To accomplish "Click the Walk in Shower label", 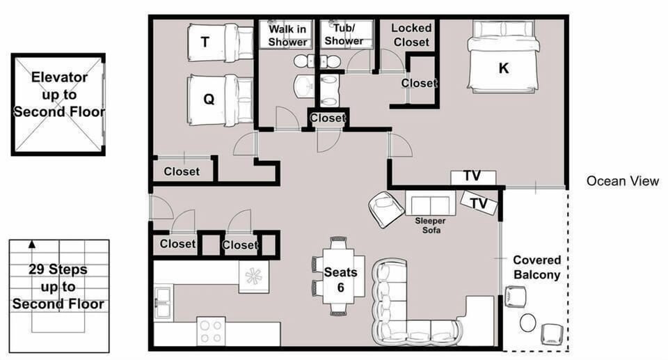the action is click(x=287, y=36).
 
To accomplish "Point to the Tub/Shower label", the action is click(x=344, y=35).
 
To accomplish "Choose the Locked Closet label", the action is click(x=411, y=35).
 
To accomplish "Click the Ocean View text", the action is click(x=622, y=181).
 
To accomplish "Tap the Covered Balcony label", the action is click(x=536, y=267).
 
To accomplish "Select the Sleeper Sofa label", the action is click(x=431, y=226).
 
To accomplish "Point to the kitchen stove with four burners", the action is click(x=212, y=331).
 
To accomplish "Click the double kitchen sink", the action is click(x=163, y=302).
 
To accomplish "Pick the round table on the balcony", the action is click(x=528, y=322).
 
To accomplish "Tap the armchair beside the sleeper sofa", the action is click(x=386, y=209).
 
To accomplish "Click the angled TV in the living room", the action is click(x=479, y=203).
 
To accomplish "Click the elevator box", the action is click(x=58, y=104).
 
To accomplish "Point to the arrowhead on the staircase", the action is click(x=31, y=244).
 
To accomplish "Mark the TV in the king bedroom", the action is click(x=473, y=177).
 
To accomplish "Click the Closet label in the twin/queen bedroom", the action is click(x=182, y=171).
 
